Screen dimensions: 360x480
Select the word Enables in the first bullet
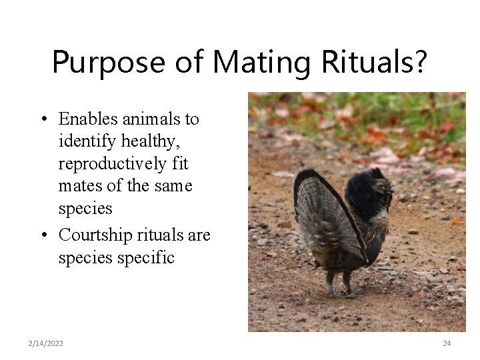pyautogui.click(x=85, y=119)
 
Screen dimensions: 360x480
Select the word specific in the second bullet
pyautogui.click(x=146, y=257)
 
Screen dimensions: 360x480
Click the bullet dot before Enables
pyautogui.click(x=42, y=120)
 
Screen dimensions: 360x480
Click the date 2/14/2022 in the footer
pyautogui.click(x=47, y=343)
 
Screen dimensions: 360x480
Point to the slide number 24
pyautogui.click(x=447, y=343)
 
